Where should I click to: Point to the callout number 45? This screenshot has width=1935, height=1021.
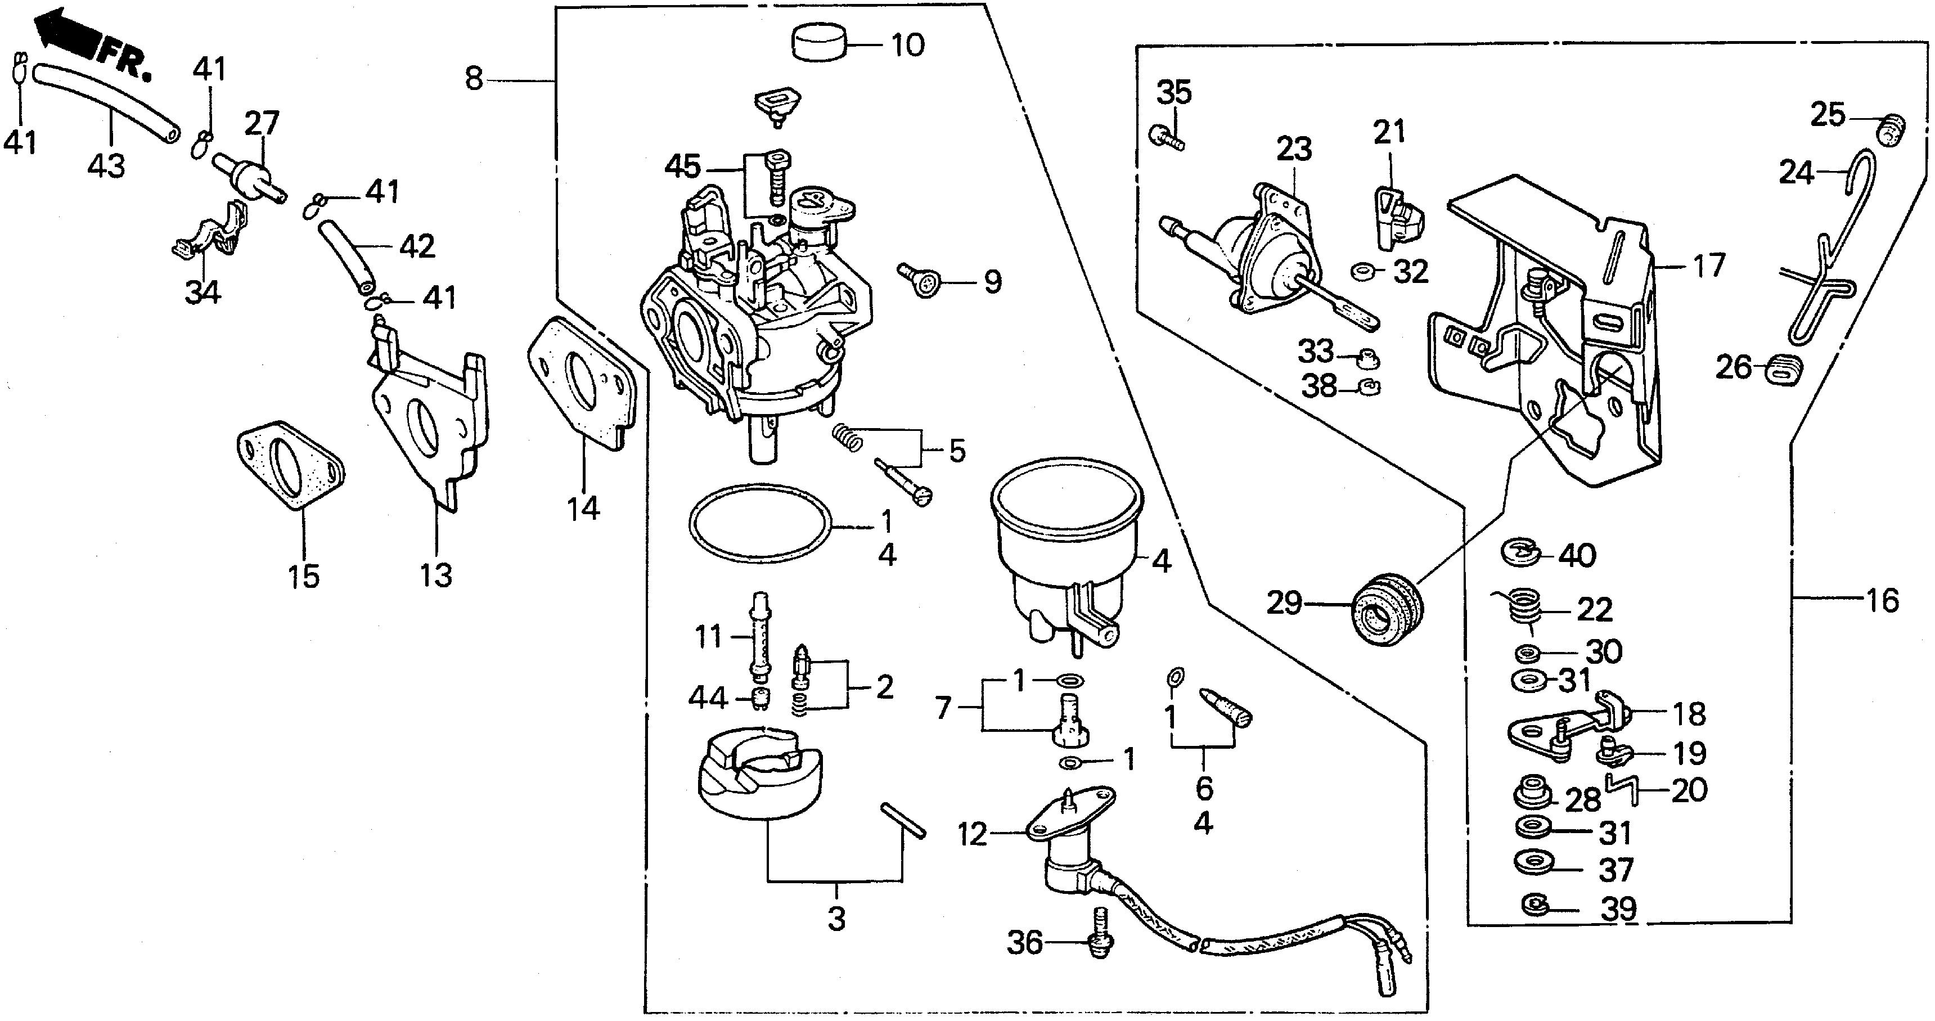(682, 167)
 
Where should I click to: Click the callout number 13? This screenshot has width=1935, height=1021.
(436, 575)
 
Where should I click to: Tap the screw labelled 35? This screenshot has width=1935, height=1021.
(1164, 137)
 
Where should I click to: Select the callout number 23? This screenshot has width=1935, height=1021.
(1294, 149)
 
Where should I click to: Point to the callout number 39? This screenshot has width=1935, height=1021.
(1619, 908)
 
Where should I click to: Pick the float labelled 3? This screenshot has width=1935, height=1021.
(759, 774)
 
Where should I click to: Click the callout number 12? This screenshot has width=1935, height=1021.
(972, 834)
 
